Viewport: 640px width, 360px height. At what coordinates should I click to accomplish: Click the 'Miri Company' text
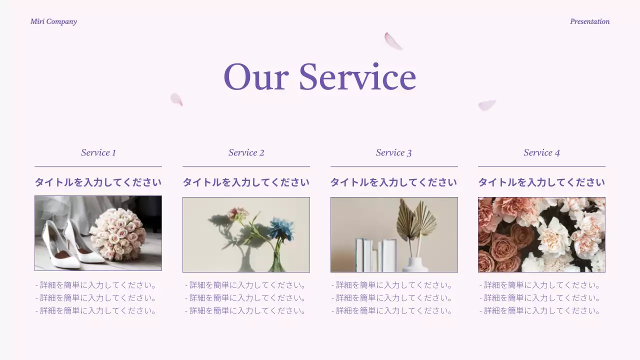(x=53, y=21)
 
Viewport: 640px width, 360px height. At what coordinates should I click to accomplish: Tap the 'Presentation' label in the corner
(x=589, y=21)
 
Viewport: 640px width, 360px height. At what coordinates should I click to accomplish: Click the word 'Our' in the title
(x=255, y=77)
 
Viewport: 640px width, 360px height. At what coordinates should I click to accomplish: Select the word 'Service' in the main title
(x=357, y=77)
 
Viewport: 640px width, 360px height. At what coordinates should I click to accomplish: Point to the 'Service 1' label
(x=98, y=152)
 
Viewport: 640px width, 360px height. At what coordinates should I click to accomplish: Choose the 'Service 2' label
(x=246, y=152)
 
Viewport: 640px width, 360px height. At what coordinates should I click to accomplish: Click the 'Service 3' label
(x=394, y=152)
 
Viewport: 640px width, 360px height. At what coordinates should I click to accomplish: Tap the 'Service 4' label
(x=541, y=152)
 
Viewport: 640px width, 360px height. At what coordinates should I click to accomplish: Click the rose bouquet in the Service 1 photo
(x=118, y=233)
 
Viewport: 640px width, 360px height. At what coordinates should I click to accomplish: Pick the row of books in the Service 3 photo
(x=376, y=255)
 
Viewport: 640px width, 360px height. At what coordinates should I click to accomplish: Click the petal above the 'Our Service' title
(x=393, y=41)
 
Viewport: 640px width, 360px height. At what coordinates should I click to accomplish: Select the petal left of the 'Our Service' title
(x=176, y=99)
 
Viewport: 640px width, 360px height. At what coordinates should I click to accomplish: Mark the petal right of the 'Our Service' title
(x=486, y=105)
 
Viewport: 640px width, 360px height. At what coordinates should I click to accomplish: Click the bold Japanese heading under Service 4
(x=541, y=182)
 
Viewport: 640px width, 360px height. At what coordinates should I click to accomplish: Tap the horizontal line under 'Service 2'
(x=246, y=166)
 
